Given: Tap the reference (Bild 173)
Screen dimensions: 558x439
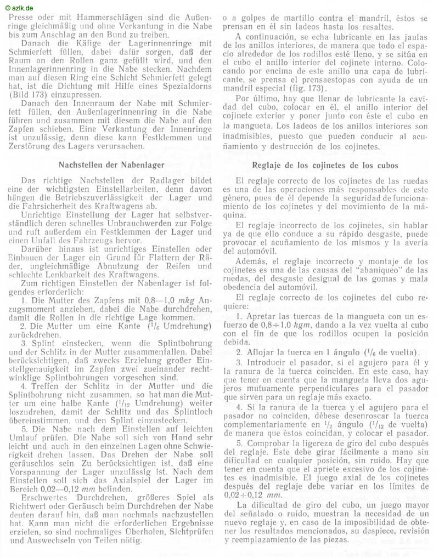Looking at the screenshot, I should click(x=29, y=95).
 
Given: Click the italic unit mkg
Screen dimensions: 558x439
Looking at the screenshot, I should click(x=181, y=300).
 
